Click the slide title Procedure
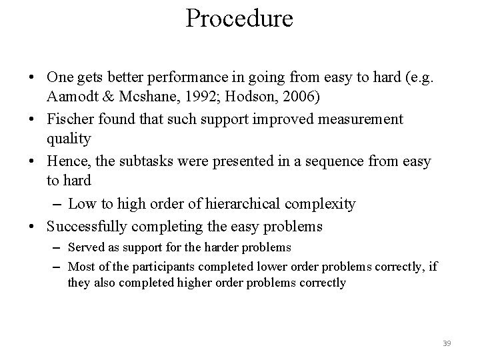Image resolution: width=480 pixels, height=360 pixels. click(239, 18)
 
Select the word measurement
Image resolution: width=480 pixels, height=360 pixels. click(350, 119)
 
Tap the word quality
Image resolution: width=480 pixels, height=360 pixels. click(70, 139)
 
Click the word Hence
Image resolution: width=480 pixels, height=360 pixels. click(67, 162)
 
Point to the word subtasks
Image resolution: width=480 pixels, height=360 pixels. click(155, 162)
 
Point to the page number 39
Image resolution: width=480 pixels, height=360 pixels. click(447, 343)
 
